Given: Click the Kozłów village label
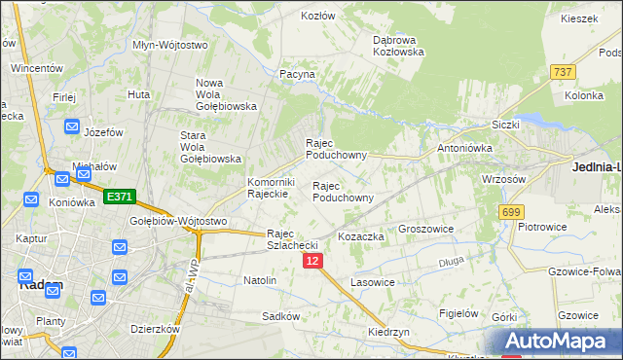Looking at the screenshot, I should click(x=318, y=17).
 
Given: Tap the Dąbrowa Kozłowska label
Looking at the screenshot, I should click(x=399, y=46).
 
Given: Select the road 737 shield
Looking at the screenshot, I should click(x=562, y=73).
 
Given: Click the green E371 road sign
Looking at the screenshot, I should click(x=119, y=197).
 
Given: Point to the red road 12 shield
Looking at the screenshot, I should click(x=311, y=261).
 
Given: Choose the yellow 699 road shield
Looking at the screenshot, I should click(x=511, y=212).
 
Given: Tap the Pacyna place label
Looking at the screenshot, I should click(x=298, y=74).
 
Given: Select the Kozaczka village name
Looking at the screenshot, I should click(x=361, y=236).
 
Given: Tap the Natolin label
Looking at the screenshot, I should click(x=260, y=280).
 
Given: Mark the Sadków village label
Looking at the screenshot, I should click(x=280, y=316).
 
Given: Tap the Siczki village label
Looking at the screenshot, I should click(x=506, y=125).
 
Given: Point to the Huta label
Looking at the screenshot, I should click(x=138, y=94).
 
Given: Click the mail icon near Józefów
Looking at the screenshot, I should click(x=73, y=126).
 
